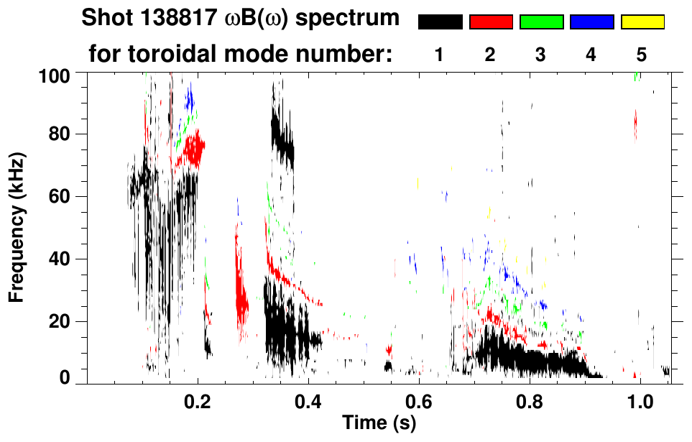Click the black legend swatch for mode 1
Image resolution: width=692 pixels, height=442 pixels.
point(440,22)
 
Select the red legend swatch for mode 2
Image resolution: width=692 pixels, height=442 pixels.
point(491,22)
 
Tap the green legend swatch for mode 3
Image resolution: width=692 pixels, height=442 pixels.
point(541,22)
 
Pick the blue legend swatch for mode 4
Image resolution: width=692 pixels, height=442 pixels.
point(591,22)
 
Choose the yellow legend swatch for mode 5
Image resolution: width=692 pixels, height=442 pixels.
point(642,22)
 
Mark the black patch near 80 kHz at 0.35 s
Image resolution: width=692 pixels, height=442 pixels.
point(282,140)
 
